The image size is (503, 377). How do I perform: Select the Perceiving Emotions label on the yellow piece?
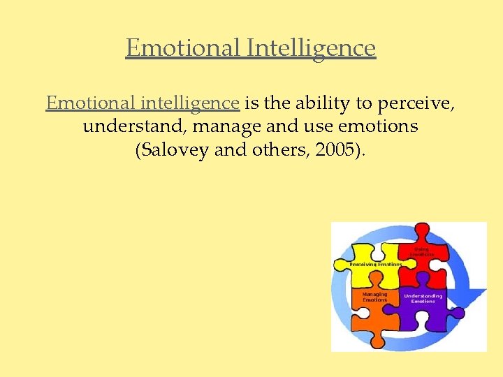376,265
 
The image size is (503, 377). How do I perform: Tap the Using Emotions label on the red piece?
423,251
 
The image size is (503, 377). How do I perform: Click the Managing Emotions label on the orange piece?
374,297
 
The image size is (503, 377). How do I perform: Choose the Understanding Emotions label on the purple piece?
423,298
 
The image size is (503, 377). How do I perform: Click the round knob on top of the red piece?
422,230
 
